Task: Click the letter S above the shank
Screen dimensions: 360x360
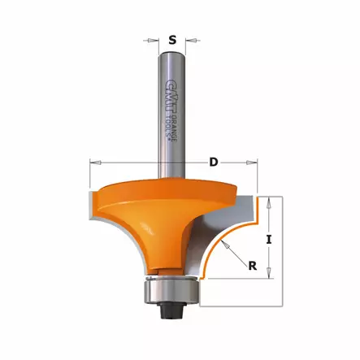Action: tap(171, 38)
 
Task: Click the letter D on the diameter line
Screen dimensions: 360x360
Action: tap(214, 163)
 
